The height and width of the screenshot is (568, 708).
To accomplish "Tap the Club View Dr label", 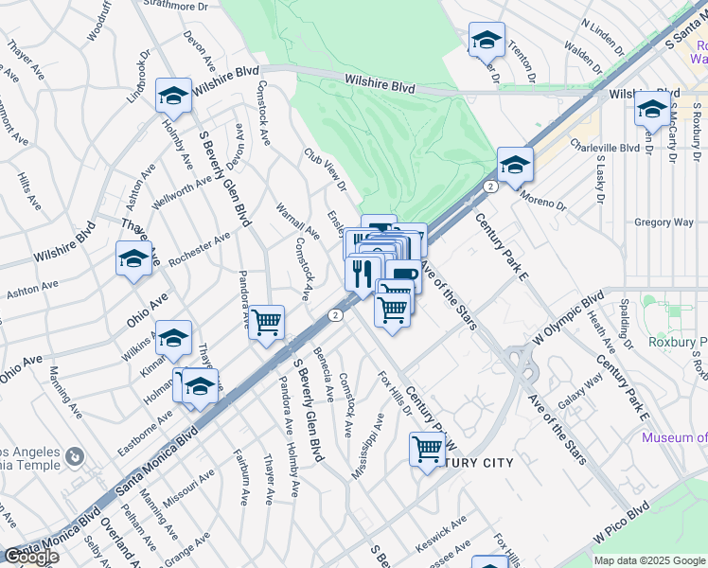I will (x=326, y=169).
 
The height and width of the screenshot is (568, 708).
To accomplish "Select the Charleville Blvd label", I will (x=605, y=148).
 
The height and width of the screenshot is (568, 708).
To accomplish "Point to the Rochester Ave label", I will (x=200, y=250).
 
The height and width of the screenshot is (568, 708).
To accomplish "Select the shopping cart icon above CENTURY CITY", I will (x=427, y=449).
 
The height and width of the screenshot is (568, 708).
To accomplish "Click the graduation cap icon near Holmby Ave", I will (x=173, y=95).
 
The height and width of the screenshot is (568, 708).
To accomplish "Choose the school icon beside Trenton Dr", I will (x=487, y=40).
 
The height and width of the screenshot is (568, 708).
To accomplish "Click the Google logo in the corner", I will (x=30, y=557).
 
